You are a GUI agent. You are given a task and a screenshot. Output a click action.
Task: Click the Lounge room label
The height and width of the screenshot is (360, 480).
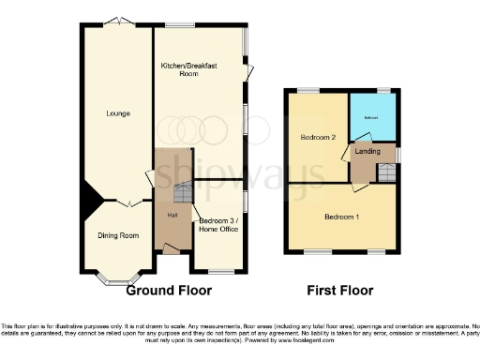coord(118,113)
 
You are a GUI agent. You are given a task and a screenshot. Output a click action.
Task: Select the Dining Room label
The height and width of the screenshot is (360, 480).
coord(118,235)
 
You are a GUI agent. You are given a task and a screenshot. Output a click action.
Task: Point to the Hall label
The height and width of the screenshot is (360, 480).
coord(172,216)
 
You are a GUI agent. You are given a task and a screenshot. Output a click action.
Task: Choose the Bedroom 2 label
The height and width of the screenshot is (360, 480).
coord(318,137)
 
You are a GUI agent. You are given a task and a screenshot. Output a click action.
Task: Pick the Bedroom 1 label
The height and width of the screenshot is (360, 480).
coord(343,217)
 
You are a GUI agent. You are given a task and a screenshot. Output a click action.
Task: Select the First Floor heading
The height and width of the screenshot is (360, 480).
coord(342,290)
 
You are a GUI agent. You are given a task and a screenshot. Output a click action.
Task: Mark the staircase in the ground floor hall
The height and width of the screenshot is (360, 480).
coord(183,193)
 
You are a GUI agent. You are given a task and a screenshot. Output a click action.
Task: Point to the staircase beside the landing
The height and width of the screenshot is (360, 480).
coord(385,172)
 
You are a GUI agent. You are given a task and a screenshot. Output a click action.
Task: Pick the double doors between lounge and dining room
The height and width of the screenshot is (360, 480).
coord(128,202)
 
